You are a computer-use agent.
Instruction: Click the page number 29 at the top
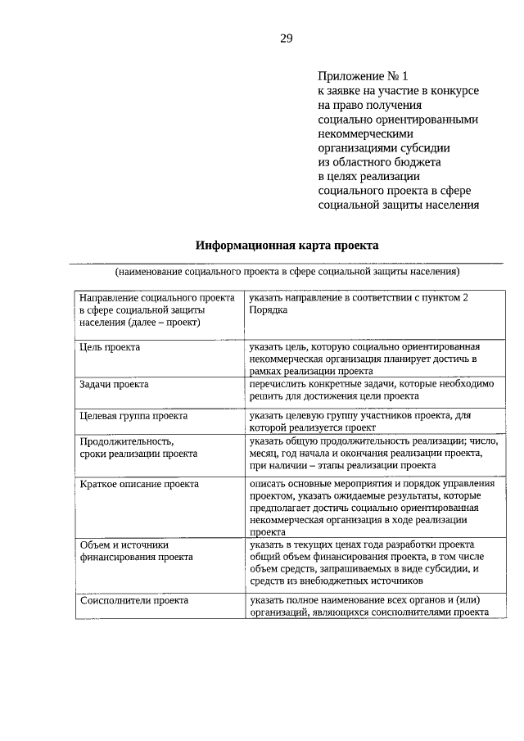286,38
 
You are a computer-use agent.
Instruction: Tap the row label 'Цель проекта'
111,347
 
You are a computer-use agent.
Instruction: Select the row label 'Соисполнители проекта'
133,600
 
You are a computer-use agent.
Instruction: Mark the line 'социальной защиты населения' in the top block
398,205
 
